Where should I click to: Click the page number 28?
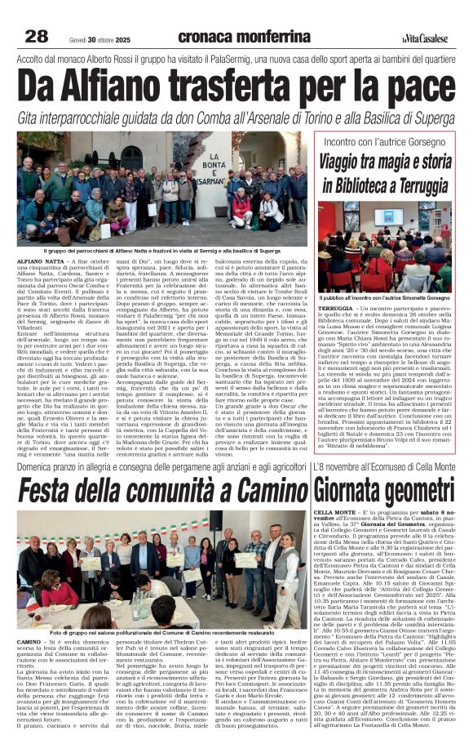coord(37,36)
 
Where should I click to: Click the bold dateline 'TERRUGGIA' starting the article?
coord(335,310)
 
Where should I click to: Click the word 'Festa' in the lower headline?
coord(55,491)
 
